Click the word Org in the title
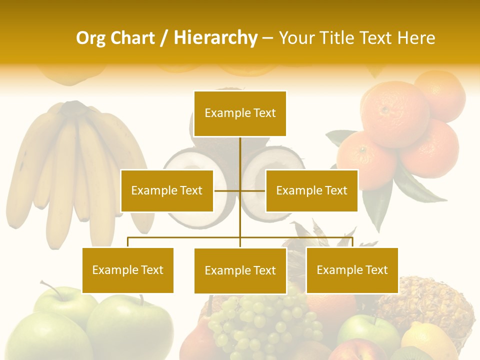pyautogui.click(x=91, y=38)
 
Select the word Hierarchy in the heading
pyautogui.click(x=215, y=38)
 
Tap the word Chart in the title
pyautogui.click(x=132, y=38)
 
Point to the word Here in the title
pyautogui.click(x=416, y=38)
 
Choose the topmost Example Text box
pyautogui.click(x=240, y=113)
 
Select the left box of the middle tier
pyautogui.click(x=167, y=190)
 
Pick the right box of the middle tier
pyautogui.click(x=311, y=190)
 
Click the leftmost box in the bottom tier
pyautogui.click(x=128, y=270)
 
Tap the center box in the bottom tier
pyautogui.click(x=240, y=270)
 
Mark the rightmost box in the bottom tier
pyautogui.click(x=352, y=270)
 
